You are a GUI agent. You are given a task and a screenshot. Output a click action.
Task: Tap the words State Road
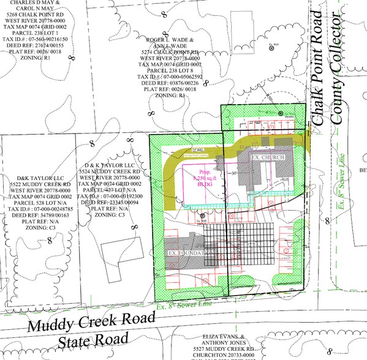pyautogui.click(x=90, y=340)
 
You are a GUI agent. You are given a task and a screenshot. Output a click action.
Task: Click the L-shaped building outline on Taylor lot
pyautogui.click(x=121, y=250)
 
